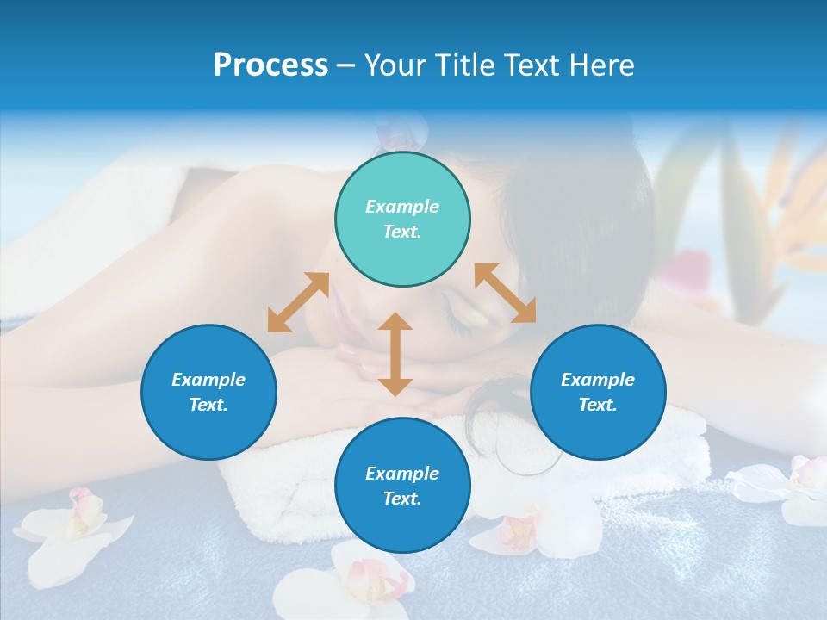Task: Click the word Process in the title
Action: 270,65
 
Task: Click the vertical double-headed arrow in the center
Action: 395,354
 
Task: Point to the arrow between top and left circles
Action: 298,302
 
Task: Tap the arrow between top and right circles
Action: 505,293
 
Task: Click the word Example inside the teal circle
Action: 402,207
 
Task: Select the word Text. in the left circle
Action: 208,405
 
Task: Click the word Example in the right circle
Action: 598,380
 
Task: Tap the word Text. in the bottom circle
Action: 402,499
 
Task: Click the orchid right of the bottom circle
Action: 534,525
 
